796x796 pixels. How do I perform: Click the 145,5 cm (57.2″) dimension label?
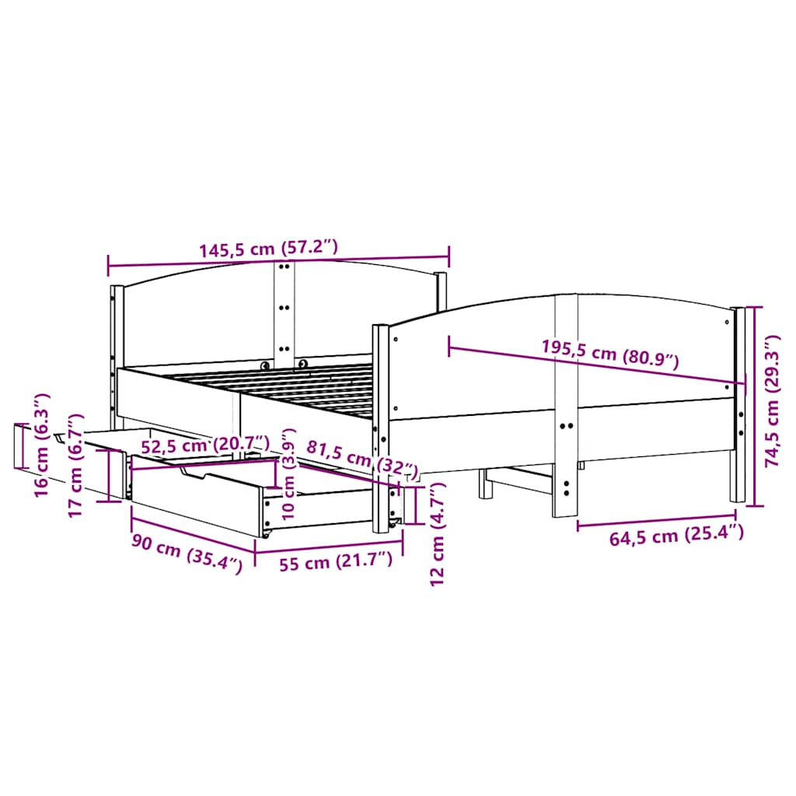pyautogui.click(x=268, y=249)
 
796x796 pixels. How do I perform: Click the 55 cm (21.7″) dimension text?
pyautogui.click(x=336, y=563)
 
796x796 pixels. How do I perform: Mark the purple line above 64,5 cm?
pyautogui.click(x=657, y=521)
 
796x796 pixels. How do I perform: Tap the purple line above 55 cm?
pyautogui.click(x=330, y=553)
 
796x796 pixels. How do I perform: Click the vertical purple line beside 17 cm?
pyautogui.click(x=107, y=476)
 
